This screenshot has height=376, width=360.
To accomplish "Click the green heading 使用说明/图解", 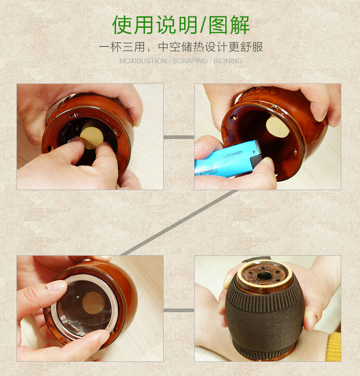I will pyautogui.click(x=180, y=25).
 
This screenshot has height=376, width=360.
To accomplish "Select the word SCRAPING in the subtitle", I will pyautogui.click(x=190, y=61).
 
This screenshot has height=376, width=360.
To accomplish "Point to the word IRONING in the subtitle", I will pyautogui.click(x=228, y=61).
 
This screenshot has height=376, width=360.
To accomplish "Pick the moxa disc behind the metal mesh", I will pyautogui.click(x=93, y=302).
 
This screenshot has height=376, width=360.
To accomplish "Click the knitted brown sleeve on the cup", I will pyautogui.click(x=264, y=319).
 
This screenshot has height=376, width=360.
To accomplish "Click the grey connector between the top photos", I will pyautogui.click(x=179, y=137).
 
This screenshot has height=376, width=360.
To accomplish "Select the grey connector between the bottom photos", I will pyautogui.click(x=179, y=310).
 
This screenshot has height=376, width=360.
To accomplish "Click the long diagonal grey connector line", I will pyautogui.click(x=180, y=222).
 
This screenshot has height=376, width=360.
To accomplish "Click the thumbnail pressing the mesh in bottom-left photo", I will pyautogui.click(x=57, y=286).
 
